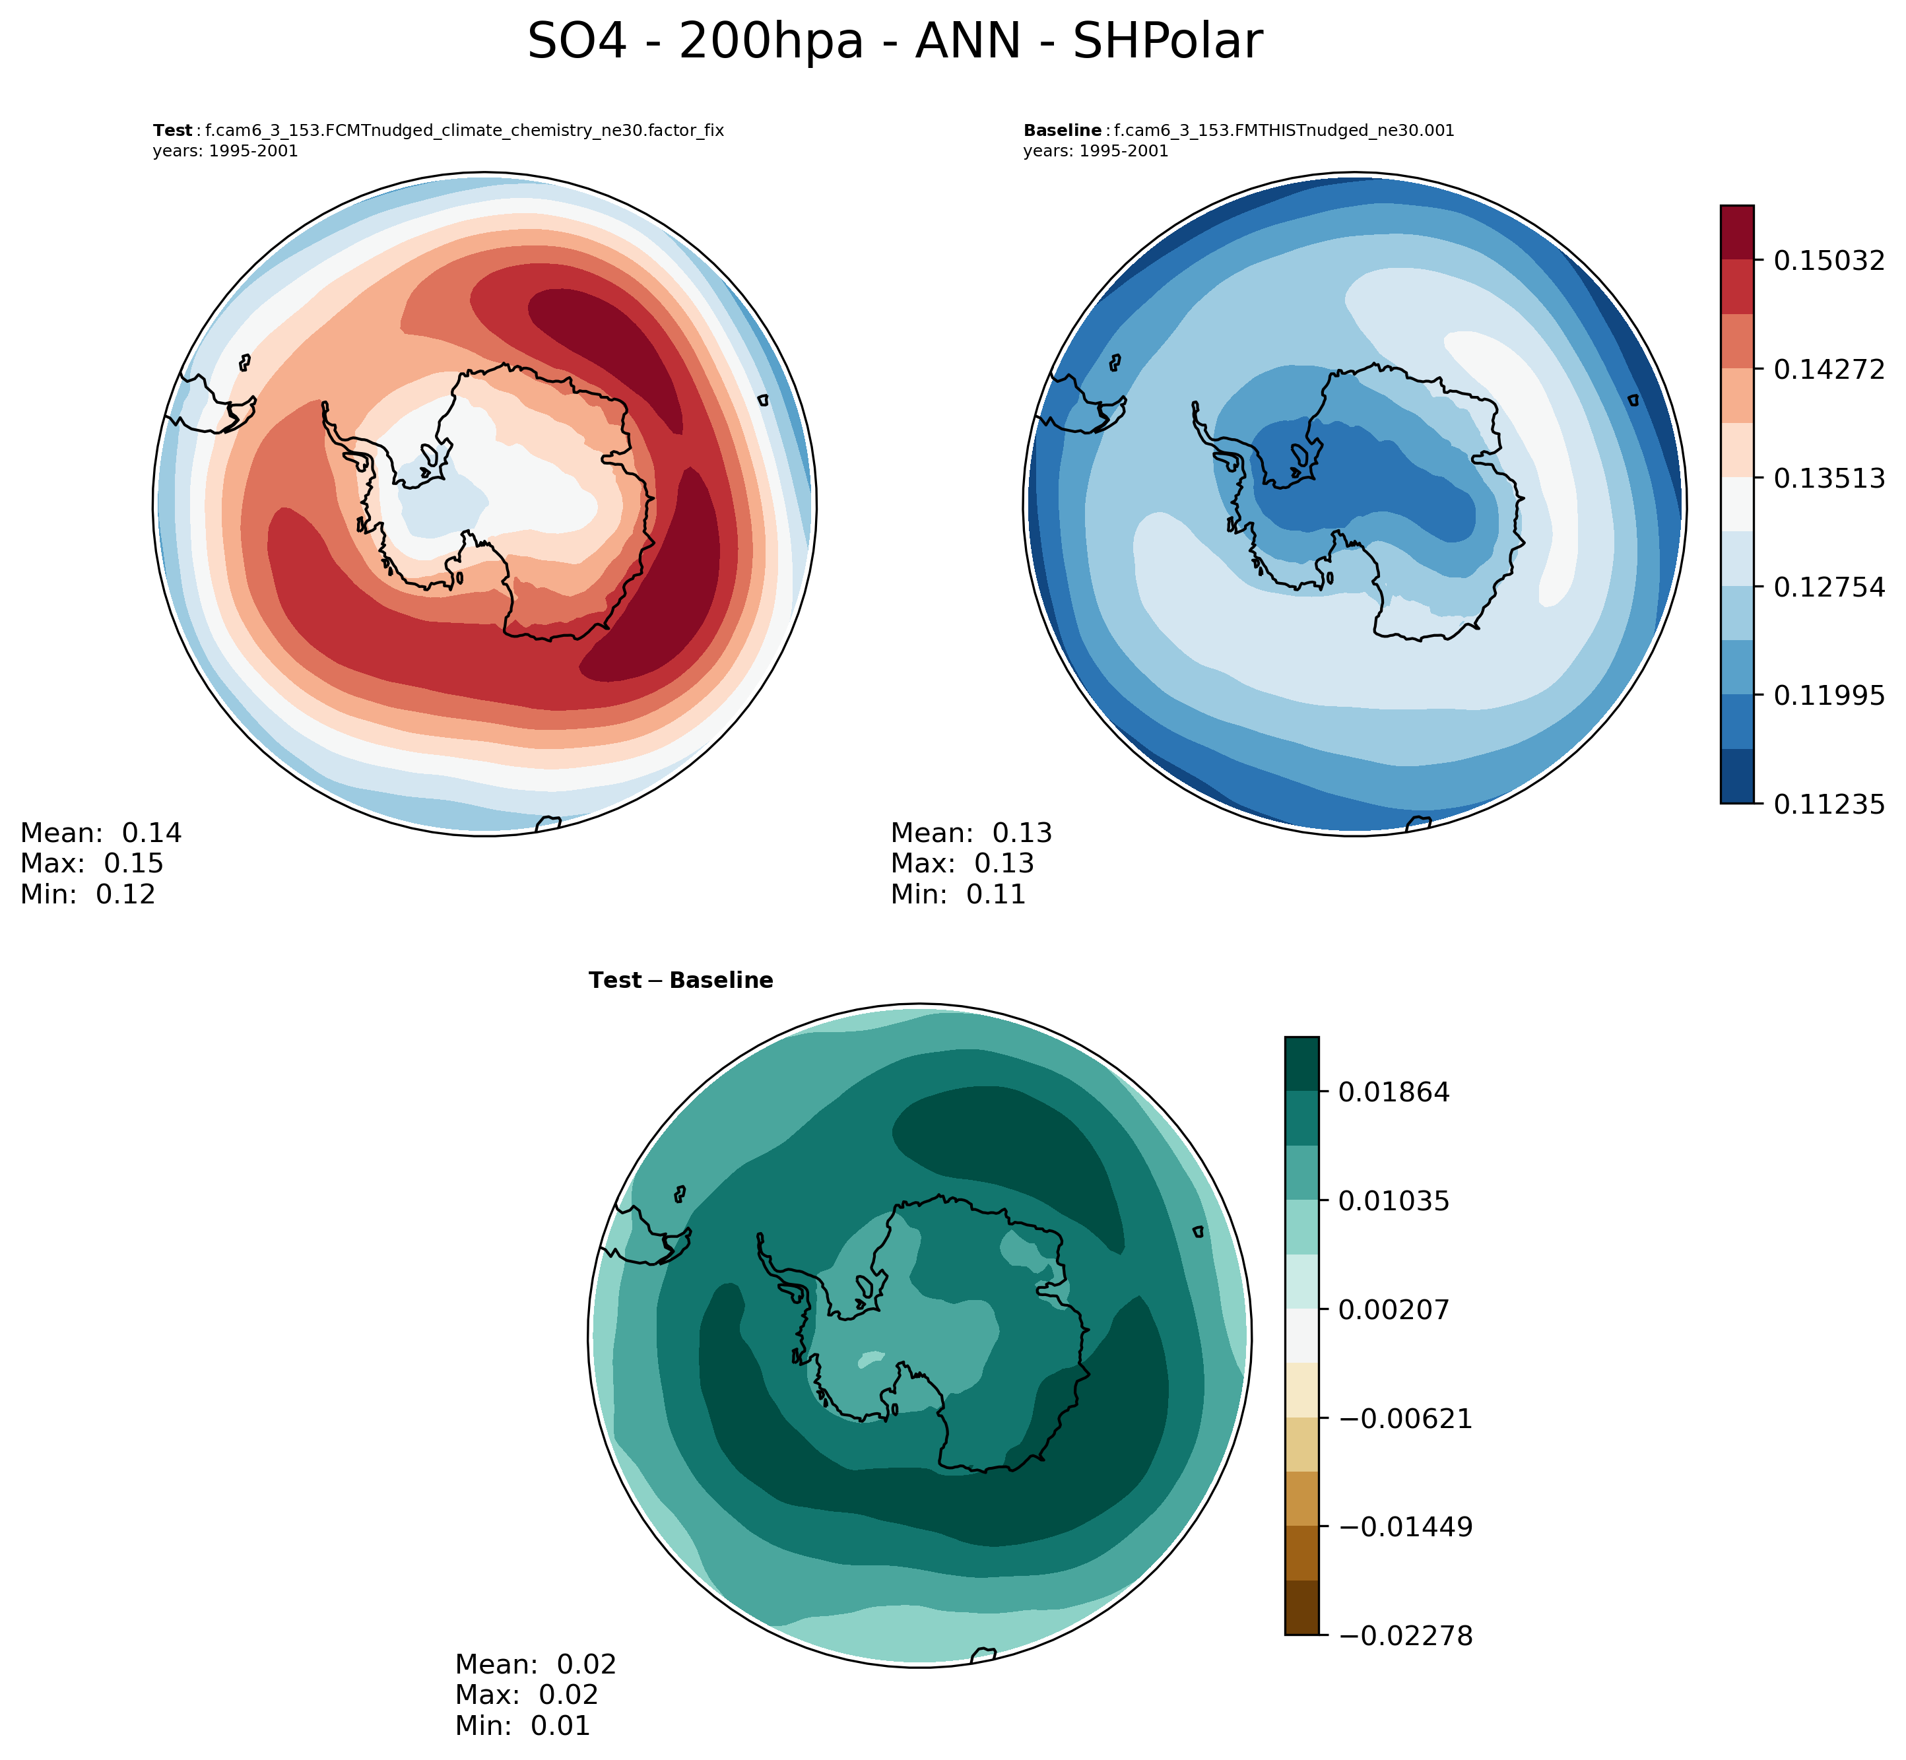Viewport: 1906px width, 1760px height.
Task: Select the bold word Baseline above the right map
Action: pyautogui.click(x=1062, y=131)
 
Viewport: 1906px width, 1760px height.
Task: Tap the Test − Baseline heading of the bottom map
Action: pyautogui.click(x=681, y=981)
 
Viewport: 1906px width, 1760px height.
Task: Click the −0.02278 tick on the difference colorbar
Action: pyautogui.click(x=1405, y=1636)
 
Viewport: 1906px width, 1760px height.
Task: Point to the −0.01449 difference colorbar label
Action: pyautogui.click(x=1405, y=1528)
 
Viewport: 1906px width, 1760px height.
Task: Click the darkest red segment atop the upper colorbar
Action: pyautogui.click(x=1738, y=232)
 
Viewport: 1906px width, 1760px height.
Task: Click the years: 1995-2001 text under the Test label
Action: pyautogui.click(x=226, y=151)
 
